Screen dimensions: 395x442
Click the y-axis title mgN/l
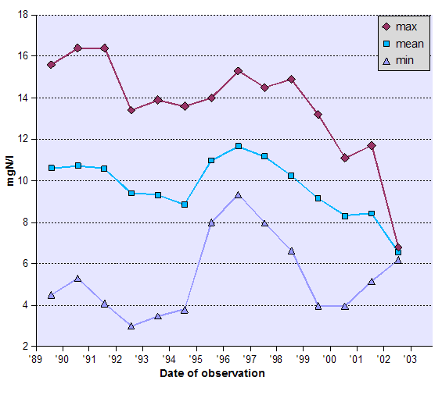coord(10,180)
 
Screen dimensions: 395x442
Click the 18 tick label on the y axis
coord(23,15)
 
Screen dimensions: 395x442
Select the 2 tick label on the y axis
coord(25,347)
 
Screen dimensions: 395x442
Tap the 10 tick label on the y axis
coord(23,181)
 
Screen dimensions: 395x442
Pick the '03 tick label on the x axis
coord(409,359)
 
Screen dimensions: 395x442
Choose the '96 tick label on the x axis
coord(223,359)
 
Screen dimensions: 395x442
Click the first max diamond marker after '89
coord(51,65)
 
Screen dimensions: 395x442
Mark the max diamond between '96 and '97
coord(238,71)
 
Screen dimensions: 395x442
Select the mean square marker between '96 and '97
coord(238,146)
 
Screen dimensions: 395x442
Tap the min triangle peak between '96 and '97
coord(238,195)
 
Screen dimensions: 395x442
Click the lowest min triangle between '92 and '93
coord(131,326)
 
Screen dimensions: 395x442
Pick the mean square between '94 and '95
coord(185,205)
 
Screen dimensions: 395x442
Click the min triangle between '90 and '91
coord(77,279)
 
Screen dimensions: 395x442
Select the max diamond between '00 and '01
coord(345,158)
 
